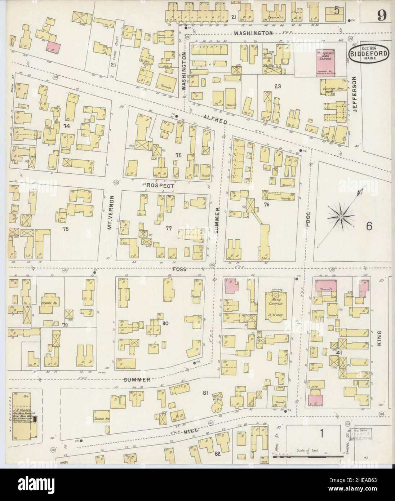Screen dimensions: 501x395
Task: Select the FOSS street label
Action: click(x=179, y=269)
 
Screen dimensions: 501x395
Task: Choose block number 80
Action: click(x=165, y=323)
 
